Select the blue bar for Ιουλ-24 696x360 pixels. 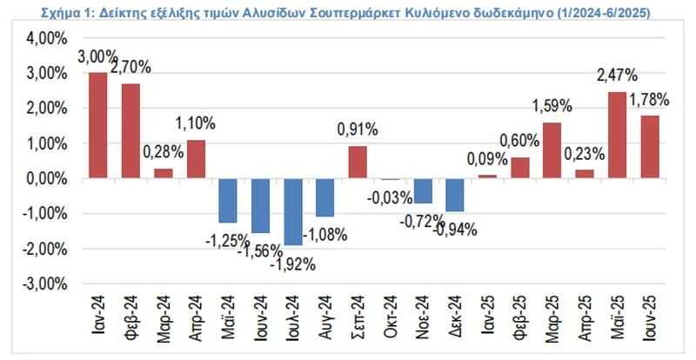(x=295, y=211)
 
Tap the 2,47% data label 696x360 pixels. (x=617, y=76)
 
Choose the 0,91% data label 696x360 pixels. (x=358, y=130)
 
